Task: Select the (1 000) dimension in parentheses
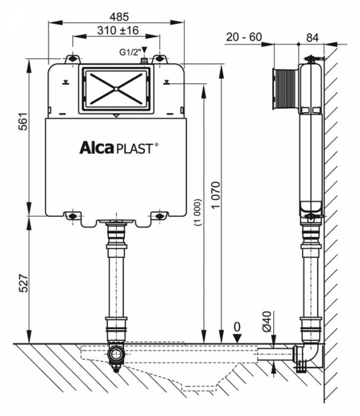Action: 197,209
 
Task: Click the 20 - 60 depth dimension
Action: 244,37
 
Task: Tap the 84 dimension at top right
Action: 312,37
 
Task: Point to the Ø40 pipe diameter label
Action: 267,325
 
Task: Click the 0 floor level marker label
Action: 238,326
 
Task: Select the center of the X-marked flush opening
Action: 116,89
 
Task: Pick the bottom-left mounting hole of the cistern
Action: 72,216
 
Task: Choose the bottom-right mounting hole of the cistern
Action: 159,216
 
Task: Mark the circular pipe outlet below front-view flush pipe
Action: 116,355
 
